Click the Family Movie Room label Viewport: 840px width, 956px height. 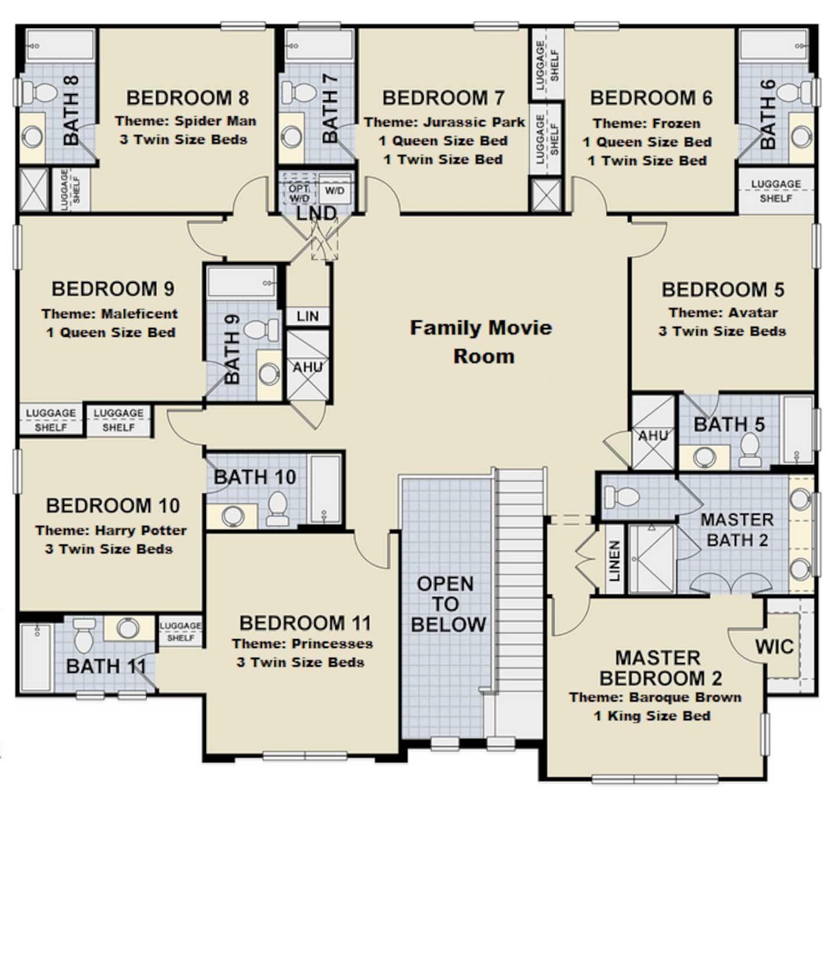(481, 341)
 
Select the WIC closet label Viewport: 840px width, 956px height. (774, 647)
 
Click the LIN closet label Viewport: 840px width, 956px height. (307, 316)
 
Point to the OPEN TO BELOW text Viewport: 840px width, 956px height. (447, 604)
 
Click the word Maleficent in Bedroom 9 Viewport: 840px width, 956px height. (139, 313)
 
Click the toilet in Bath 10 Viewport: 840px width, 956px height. (278, 508)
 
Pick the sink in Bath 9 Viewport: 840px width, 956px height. (269, 374)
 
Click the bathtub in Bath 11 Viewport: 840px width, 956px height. (36, 657)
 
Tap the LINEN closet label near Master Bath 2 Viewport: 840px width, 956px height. (614, 561)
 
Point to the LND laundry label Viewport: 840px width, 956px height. (316, 214)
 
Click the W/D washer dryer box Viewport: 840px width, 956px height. (335, 191)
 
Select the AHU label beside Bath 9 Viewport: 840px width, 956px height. (307, 368)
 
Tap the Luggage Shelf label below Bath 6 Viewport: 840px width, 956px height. (776, 191)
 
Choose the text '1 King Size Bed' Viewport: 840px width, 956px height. (652, 716)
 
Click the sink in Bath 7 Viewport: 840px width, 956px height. (290, 138)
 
